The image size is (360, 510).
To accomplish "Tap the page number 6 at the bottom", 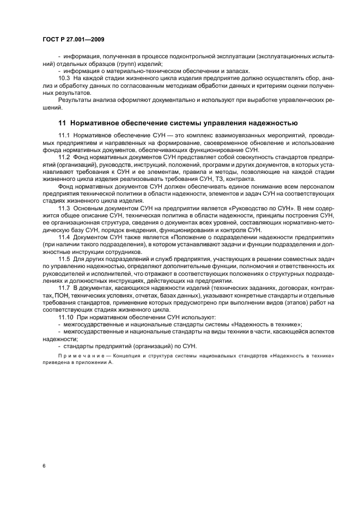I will click(x=44, y=466).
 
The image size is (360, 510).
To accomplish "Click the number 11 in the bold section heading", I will click(x=62, y=123).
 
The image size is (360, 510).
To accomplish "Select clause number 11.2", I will click(x=65, y=156).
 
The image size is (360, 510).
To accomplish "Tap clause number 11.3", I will click(x=65, y=209).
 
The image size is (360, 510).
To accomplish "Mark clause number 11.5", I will click(x=65, y=258).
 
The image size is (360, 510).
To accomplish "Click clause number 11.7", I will click(x=65, y=287).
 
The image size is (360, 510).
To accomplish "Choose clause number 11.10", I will click(x=66, y=316).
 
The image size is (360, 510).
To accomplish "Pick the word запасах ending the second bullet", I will click(x=238, y=71).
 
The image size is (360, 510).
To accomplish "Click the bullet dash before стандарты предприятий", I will click(x=59, y=345).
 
